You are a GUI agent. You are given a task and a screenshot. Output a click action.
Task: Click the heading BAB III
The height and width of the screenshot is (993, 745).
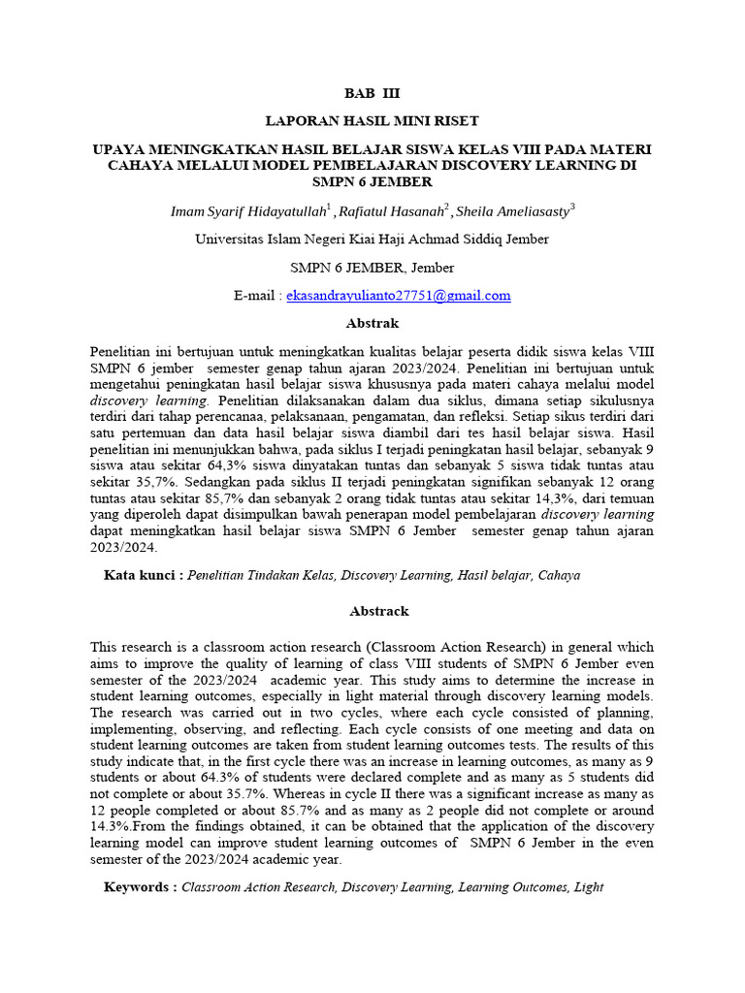(x=372, y=94)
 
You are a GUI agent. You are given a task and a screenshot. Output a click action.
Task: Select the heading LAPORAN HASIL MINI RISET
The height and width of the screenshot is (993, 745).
(x=372, y=121)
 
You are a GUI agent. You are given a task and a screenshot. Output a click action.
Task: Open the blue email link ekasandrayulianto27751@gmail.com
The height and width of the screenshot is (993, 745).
(x=398, y=296)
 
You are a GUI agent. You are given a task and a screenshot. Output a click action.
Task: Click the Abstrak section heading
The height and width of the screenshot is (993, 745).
(x=372, y=323)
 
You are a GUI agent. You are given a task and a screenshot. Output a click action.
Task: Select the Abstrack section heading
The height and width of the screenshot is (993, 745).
(x=372, y=611)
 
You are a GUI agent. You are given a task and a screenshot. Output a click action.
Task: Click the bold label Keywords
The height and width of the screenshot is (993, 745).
(x=140, y=886)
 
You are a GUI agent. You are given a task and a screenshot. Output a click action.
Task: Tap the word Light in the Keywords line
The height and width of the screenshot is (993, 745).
(x=588, y=886)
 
